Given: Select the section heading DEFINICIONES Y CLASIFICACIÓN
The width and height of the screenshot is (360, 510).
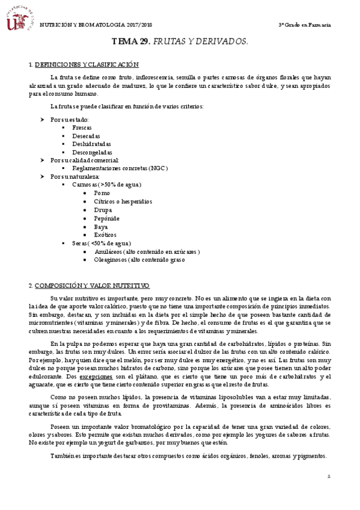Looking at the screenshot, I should (x=87, y=64).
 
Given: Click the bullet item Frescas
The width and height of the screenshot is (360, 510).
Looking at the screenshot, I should (x=82, y=128).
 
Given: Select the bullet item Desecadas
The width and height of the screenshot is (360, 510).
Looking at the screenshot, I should (x=86, y=136).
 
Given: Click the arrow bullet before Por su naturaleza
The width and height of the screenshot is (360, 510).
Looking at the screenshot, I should (x=42, y=177).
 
